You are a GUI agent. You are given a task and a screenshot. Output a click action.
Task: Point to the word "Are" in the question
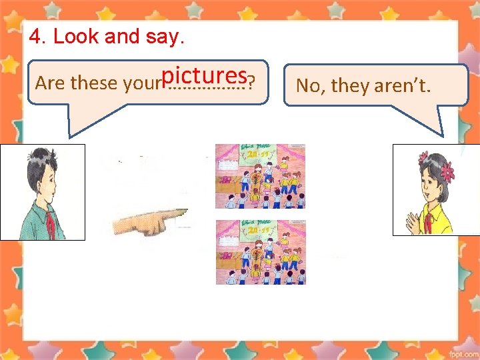point(49,83)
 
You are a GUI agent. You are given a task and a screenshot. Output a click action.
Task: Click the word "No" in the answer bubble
point(307,86)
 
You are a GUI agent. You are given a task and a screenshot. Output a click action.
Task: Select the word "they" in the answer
point(350,86)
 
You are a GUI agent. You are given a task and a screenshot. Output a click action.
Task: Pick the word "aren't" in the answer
point(406,86)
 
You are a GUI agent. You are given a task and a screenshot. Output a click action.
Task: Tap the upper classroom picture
point(260,176)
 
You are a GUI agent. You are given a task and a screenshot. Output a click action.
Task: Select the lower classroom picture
point(260,251)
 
